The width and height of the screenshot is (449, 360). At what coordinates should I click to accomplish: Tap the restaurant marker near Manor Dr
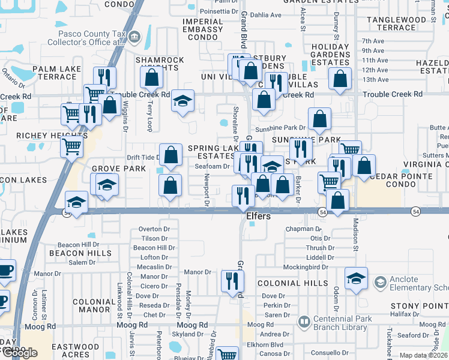[232, 281]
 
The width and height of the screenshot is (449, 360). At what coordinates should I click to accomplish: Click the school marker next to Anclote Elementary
[356, 278]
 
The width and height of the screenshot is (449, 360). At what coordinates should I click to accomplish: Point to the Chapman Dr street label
[303, 229]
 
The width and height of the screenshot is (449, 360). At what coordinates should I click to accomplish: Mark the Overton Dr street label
[150, 229]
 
